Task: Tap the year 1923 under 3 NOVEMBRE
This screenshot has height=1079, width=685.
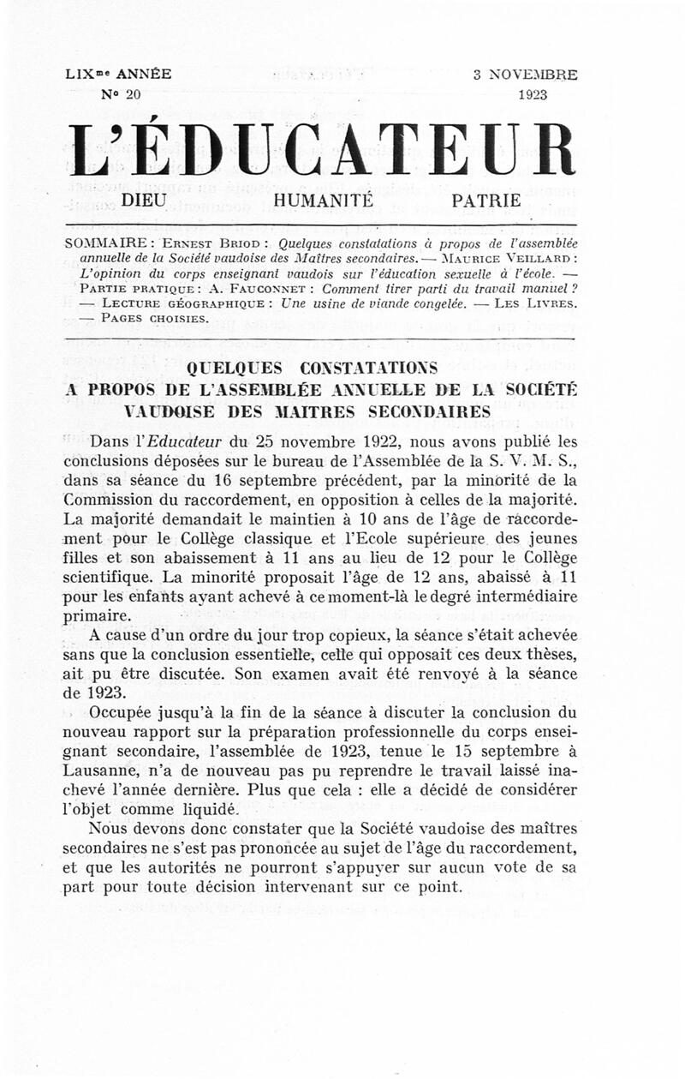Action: (x=533, y=94)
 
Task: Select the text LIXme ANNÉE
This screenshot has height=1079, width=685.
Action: (x=118, y=74)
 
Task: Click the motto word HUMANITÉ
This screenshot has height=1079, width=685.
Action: (x=324, y=201)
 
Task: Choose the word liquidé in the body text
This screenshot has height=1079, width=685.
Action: (x=200, y=808)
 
